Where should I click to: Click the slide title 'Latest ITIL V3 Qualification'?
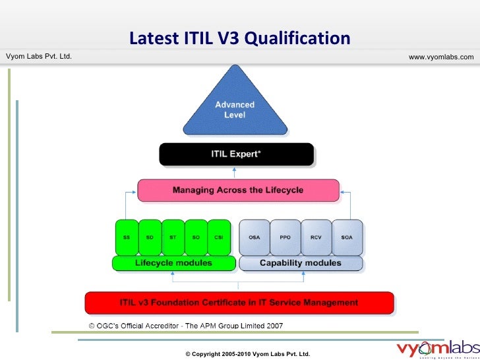pos(239,39)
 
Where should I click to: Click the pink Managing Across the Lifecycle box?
pos(238,191)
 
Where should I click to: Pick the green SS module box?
pos(126,237)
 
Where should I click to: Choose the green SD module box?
pos(150,237)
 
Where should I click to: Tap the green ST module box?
pos(173,237)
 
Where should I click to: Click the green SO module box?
pos(196,237)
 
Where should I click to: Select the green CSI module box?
pos(220,237)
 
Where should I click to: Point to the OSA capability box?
pos(254,237)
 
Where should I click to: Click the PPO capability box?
pos(285,237)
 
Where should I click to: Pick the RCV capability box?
pos(315,237)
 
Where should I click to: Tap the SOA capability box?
pos(346,237)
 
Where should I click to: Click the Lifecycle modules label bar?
pos(173,263)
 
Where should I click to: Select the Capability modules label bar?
pos(301,263)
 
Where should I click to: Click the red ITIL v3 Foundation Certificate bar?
pos(239,303)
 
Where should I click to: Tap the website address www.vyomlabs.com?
pos(441,57)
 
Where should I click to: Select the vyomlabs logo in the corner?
pos(438,349)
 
